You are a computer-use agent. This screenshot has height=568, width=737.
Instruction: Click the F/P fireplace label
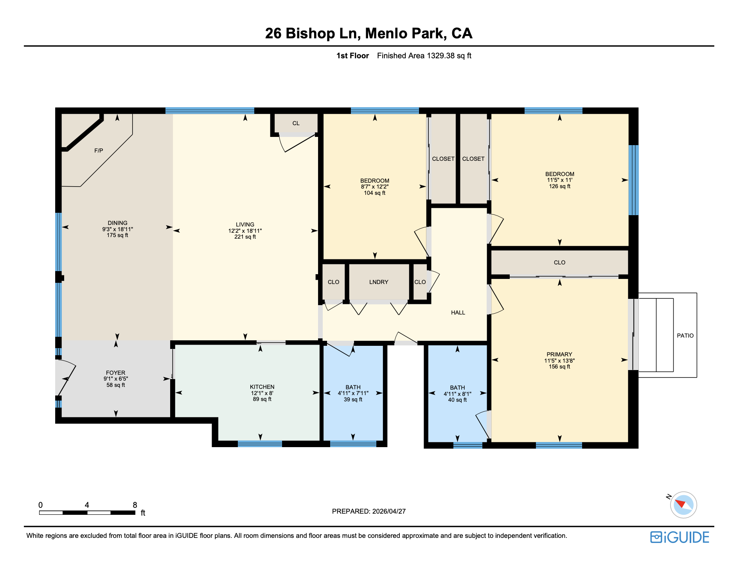(x=99, y=151)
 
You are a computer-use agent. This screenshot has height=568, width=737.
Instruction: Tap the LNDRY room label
(x=378, y=282)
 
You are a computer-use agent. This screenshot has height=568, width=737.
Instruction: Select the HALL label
(x=458, y=313)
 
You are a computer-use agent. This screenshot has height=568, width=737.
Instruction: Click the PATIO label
(x=685, y=336)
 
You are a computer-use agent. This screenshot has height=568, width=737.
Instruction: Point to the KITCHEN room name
(x=262, y=387)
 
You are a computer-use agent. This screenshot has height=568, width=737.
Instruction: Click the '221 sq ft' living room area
(x=245, y=237)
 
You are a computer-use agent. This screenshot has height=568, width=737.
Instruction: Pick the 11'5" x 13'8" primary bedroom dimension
(x=559, y=361)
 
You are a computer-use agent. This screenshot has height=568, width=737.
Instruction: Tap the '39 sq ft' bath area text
(x=353, y=399)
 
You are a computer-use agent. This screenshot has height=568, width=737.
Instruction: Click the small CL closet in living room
(x=296, y=123)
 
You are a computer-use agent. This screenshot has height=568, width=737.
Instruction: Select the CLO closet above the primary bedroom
(x=559, y=262)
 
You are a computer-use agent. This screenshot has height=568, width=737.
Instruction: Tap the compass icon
(x=683, y=505)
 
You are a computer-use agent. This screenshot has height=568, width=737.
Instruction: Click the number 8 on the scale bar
(x=135, y=505)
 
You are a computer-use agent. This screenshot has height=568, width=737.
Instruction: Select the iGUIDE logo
(x=679, y=537)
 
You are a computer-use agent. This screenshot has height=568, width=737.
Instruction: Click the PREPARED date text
(x=368, y=511)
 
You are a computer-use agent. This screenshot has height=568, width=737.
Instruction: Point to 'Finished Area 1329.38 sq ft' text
(x=424, y=56)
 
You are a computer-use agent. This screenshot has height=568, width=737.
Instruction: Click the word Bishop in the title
(x=310, y=34)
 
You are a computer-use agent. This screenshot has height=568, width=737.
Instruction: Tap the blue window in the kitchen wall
(x=260, y=444)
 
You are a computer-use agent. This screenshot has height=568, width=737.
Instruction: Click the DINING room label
(x=117, y=223)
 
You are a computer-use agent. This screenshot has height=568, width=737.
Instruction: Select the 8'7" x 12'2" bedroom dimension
(x=374, y=187)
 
